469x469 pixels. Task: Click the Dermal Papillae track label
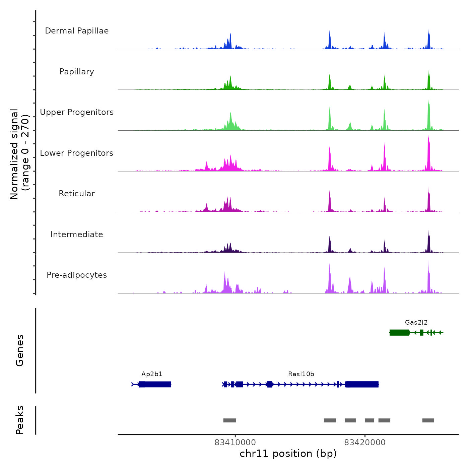pyautogui.click(x=77, y=31)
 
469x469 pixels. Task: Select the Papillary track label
pyautogui.click(x=77, y=72)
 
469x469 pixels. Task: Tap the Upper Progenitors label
pyautogui.click(x=77, y=112)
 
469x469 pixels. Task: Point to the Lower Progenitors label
pyautogui.click(x=77, y=153)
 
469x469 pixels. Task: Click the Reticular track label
pyautogui.click(x=77, y=194)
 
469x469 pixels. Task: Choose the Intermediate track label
pyautogui.click(x=77, y=234)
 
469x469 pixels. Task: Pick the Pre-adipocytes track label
pyautogui.click(x=77, y=275)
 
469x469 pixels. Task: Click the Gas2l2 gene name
pyautogui.click(x=416, y=323)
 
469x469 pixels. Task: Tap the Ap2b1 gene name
pyautogui.click(x=152, y=374)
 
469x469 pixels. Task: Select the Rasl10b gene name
pyautogui.click(x=301, y=374)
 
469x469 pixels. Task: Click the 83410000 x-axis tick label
pyautogui.click(x=235, y=443)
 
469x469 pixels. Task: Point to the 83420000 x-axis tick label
pyautogui.click(x=365, y=443)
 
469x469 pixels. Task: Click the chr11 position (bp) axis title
pyautogui.click(x=288, y=454)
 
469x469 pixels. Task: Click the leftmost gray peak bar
pyautogui.click(x=230, y=420)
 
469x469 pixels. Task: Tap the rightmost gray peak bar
pyautogui.click(x=428, y=420)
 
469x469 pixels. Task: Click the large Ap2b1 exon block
pyautogui.click(x=155, y=384)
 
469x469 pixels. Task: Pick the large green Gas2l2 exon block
pyautogui.click(x=399, y=332)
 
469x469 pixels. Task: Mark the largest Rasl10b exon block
pyautogui.click(x=362, y=384)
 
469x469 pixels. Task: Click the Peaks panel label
pyautogui.click(x=20, y=420)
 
